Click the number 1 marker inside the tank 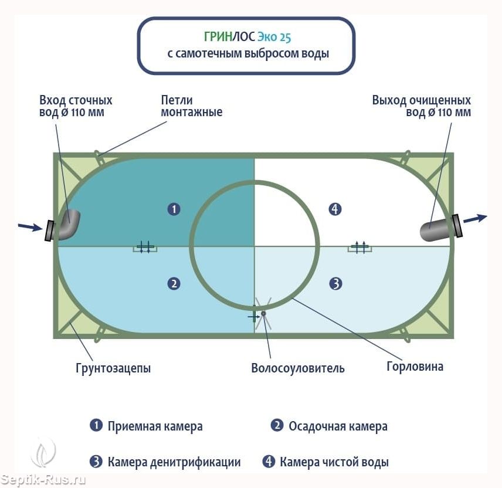(x=174, y=209)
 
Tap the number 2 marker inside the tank (x=174, y=284)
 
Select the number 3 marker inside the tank (x=335, y=284)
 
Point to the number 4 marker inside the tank (x=335, y=209)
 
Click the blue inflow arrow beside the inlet (x=30, y=227)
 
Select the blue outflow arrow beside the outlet (x=476, y=218)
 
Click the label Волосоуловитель (x=298, y=368)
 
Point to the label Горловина (x=415, y=367)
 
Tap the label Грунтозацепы (x=113, y=368)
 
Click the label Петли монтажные (x=191, y=106)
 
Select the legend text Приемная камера (x=155, y=426)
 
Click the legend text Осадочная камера (x=338, y=426)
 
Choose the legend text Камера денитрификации (x=174, y=462)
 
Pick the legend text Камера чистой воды (x=334, y=462)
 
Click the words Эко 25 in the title (x=274, y=37)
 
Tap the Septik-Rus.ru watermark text (x=43, y=479)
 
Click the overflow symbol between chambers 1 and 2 (x=145, y=247)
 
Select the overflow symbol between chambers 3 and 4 (x=360, y=247)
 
